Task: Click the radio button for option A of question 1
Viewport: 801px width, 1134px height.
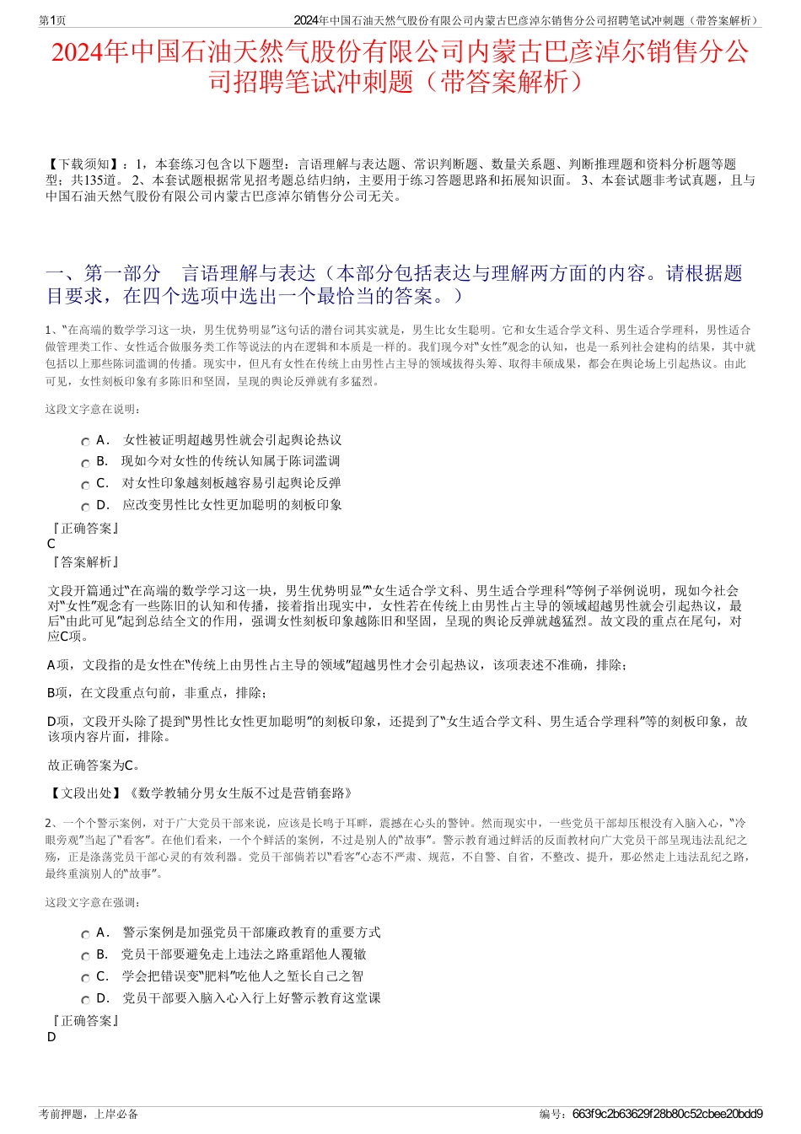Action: click(85, 442)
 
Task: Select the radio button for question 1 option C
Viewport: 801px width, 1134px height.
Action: click(85, 486)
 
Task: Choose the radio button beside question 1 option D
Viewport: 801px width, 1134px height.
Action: click(85, 508)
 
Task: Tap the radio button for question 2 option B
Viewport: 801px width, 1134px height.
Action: click(85, 957)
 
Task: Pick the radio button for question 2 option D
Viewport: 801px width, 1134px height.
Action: click(85, 1001)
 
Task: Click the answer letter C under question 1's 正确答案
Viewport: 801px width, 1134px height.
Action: click(51, 544)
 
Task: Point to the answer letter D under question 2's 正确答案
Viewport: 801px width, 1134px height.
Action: click(51, 1037)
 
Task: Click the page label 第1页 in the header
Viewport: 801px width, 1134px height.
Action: click(52, 20)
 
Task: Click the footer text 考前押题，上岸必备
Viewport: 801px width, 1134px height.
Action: click(89, 1114)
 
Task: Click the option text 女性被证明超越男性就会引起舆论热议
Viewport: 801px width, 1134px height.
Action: click(232, 440)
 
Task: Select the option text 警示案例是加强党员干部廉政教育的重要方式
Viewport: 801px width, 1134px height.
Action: click(251, 932)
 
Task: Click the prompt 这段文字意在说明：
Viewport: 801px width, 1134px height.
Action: click(94, 410)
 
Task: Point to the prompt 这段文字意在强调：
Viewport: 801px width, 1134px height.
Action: click(94, 903)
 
